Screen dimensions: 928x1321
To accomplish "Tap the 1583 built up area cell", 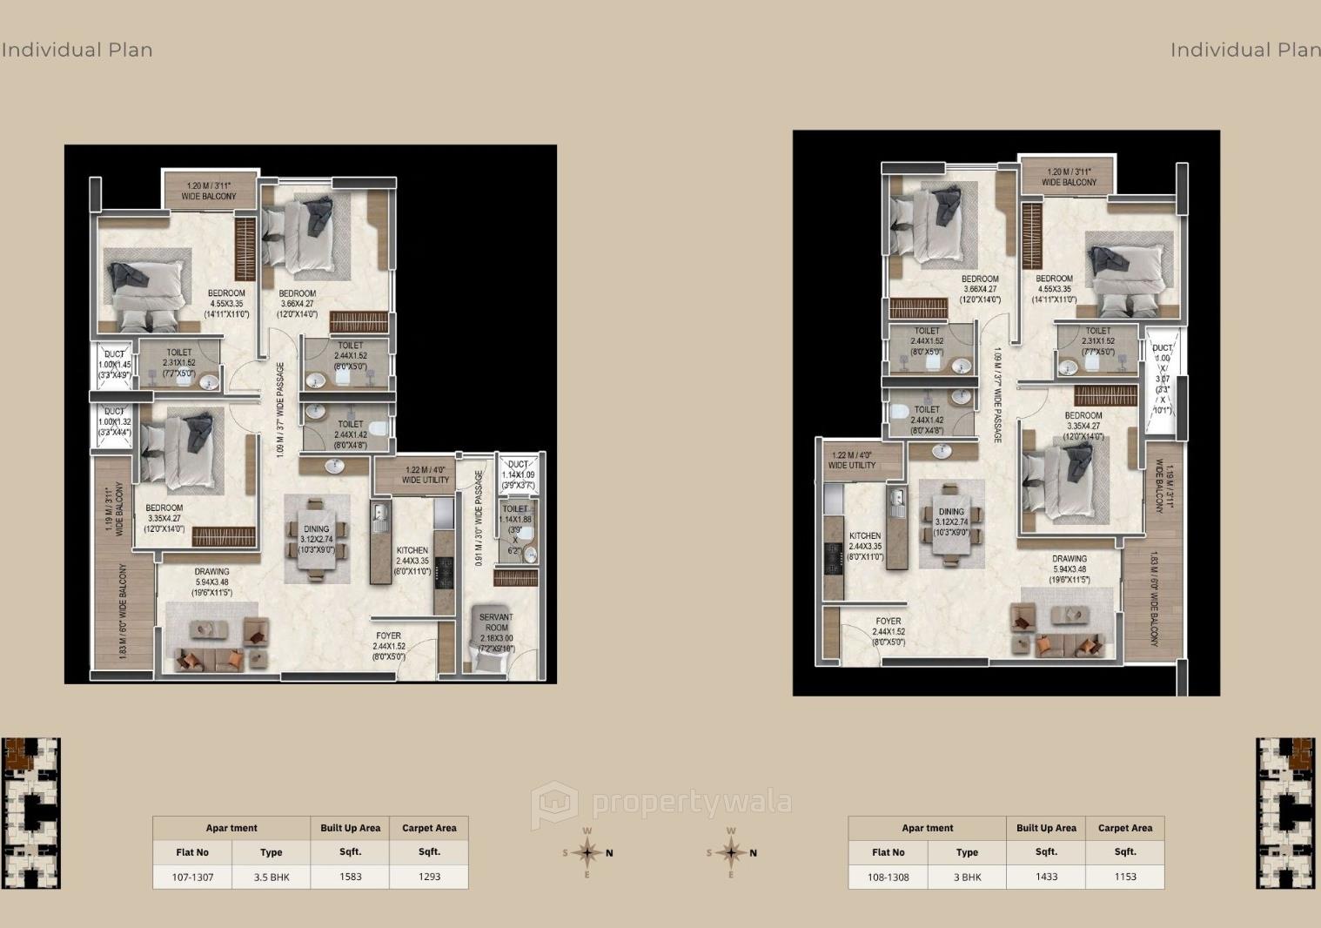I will pos(350,877).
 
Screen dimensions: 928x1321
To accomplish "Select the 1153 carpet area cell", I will pos(1124,877).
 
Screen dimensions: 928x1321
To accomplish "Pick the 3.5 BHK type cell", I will pos(272,877).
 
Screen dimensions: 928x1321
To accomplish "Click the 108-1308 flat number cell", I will pos(888,877).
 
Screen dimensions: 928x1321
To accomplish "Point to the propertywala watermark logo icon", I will pos(554,804).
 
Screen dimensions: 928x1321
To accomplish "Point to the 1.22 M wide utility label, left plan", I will pos(426,474).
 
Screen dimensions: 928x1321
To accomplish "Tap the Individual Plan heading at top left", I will pos(77,50).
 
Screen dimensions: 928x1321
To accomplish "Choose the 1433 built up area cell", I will pos(1046,877).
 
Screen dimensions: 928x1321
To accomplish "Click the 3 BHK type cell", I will pos(967,877).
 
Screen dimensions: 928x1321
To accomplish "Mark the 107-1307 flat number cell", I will pos(192,877).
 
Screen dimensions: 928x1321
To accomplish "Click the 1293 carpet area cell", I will pos(429,877).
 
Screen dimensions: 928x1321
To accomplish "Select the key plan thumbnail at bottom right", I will pos(1284,813).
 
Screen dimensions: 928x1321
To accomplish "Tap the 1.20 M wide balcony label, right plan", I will pos(1069,178).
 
